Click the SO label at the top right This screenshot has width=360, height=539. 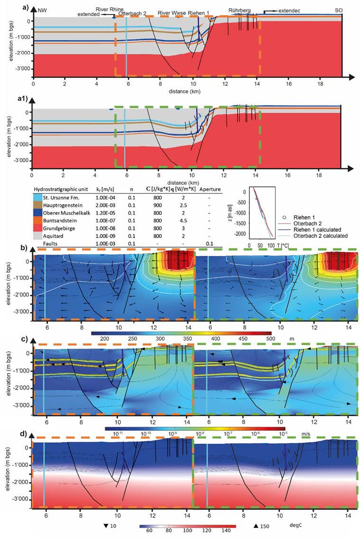coord(339,9)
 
